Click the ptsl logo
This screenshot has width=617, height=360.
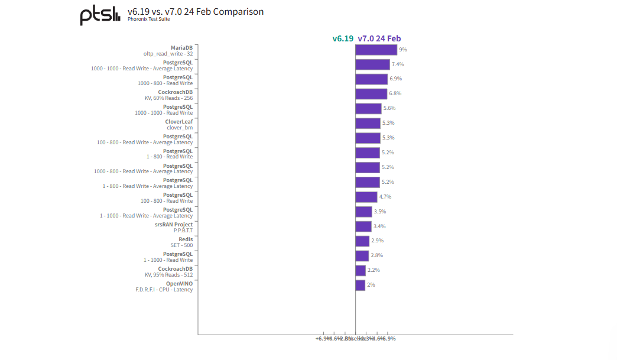coord(100,15)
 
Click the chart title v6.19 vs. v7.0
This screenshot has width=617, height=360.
coord(196,11)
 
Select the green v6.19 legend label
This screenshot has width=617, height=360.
coord(343,38)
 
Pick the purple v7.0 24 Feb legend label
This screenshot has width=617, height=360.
coord(379,38)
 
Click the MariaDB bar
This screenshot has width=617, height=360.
coord(376,50)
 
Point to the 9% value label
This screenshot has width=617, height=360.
coord(402,50)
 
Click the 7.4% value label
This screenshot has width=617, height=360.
coord(398,64)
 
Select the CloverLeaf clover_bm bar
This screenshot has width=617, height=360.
coord(368,123)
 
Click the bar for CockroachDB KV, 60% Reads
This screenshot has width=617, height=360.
coord(371,93)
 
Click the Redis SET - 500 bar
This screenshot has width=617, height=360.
coord(362,241)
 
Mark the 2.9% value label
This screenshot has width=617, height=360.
coord(377,241)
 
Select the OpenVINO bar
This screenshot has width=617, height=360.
coord(360,285)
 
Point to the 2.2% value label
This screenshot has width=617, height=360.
coord(374,270)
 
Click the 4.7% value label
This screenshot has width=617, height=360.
coord(385,197)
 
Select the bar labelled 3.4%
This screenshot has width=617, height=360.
coord(363,226)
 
